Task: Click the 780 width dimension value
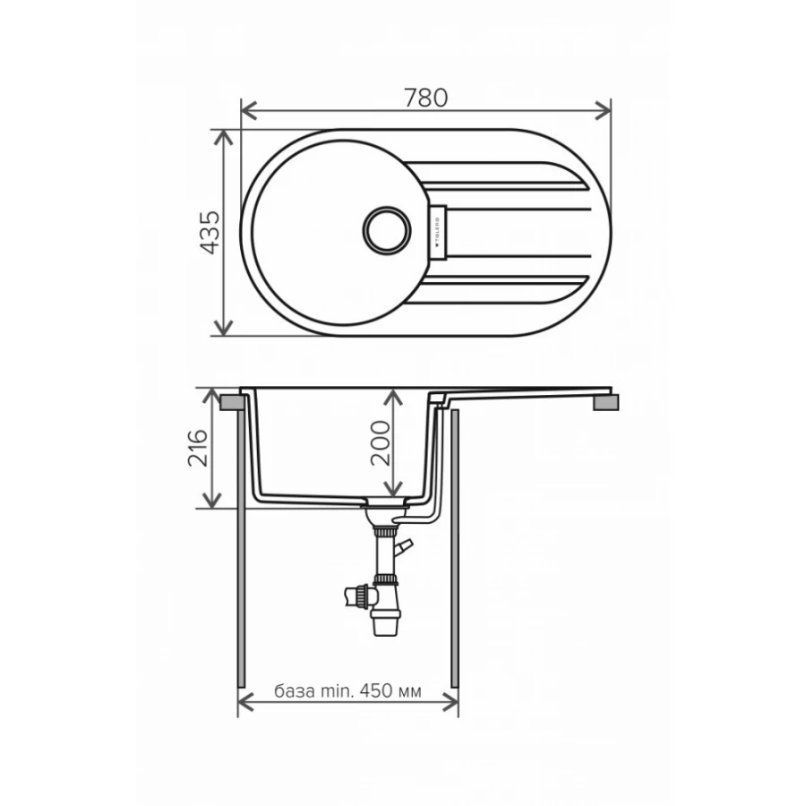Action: (426, 97)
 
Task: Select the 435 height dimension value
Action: (210, 233)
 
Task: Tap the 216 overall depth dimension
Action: (199, 449)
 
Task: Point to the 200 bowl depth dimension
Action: (381, 442)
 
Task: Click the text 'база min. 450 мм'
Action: (348, 692)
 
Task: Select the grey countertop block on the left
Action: (230, 402)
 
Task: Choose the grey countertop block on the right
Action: (606, 404)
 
